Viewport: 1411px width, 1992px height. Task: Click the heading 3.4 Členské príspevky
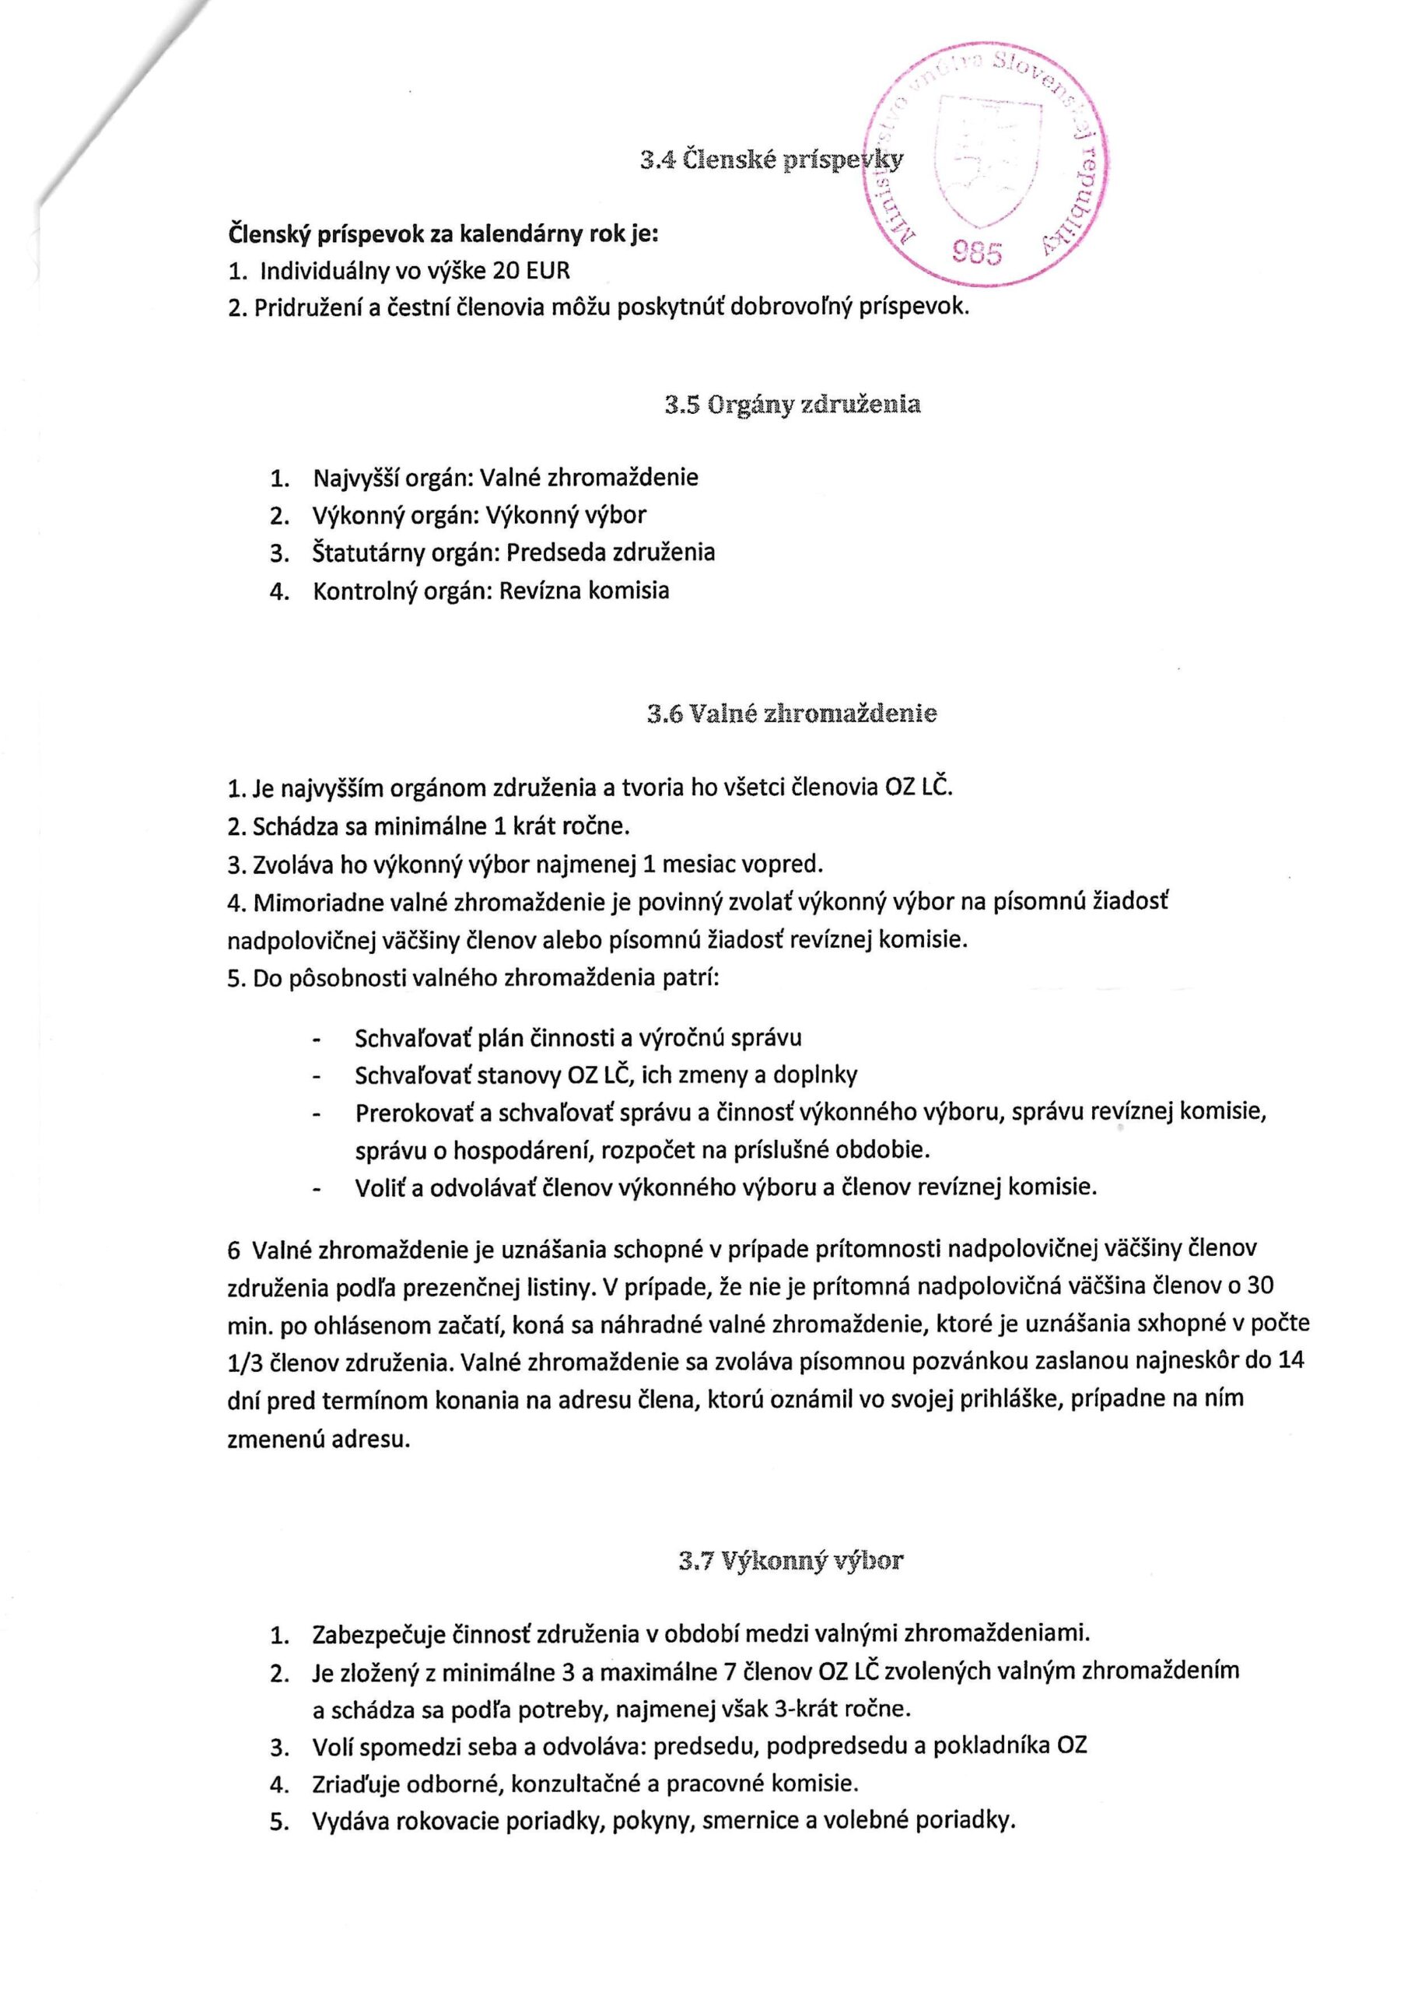[771, 160]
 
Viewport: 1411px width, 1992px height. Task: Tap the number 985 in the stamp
[977, 253]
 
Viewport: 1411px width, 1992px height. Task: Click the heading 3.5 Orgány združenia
[793, 405]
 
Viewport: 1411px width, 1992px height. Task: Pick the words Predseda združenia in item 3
[611, 552]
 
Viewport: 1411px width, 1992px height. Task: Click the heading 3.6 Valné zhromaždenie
[792, 714]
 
